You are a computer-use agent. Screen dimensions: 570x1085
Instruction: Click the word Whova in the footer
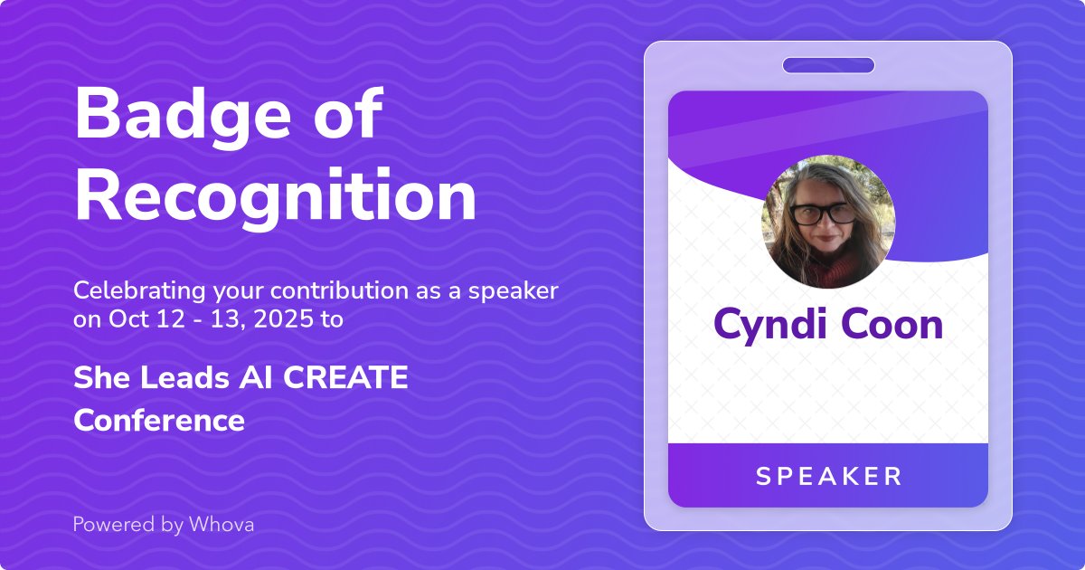222,524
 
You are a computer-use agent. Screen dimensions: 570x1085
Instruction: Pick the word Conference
159,421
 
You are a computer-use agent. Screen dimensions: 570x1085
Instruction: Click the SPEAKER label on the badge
828,476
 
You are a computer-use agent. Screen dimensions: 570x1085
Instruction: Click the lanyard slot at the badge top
828,65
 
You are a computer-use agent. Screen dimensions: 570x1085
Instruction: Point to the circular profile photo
828,221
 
